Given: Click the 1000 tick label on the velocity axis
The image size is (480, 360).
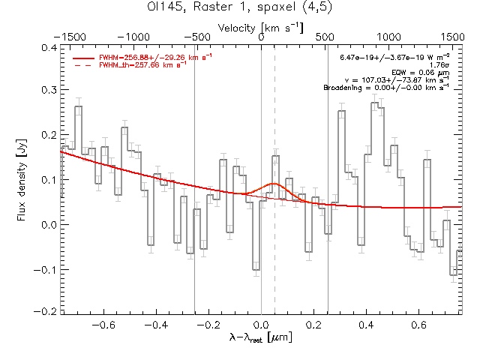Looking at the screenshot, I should [x=388, y=36].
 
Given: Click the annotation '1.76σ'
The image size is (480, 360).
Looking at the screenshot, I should [x=439, y=64].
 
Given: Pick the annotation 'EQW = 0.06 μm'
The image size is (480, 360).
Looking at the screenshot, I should [x=426, y=72].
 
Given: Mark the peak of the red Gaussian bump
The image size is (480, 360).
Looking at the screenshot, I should [x=274, y=184].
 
